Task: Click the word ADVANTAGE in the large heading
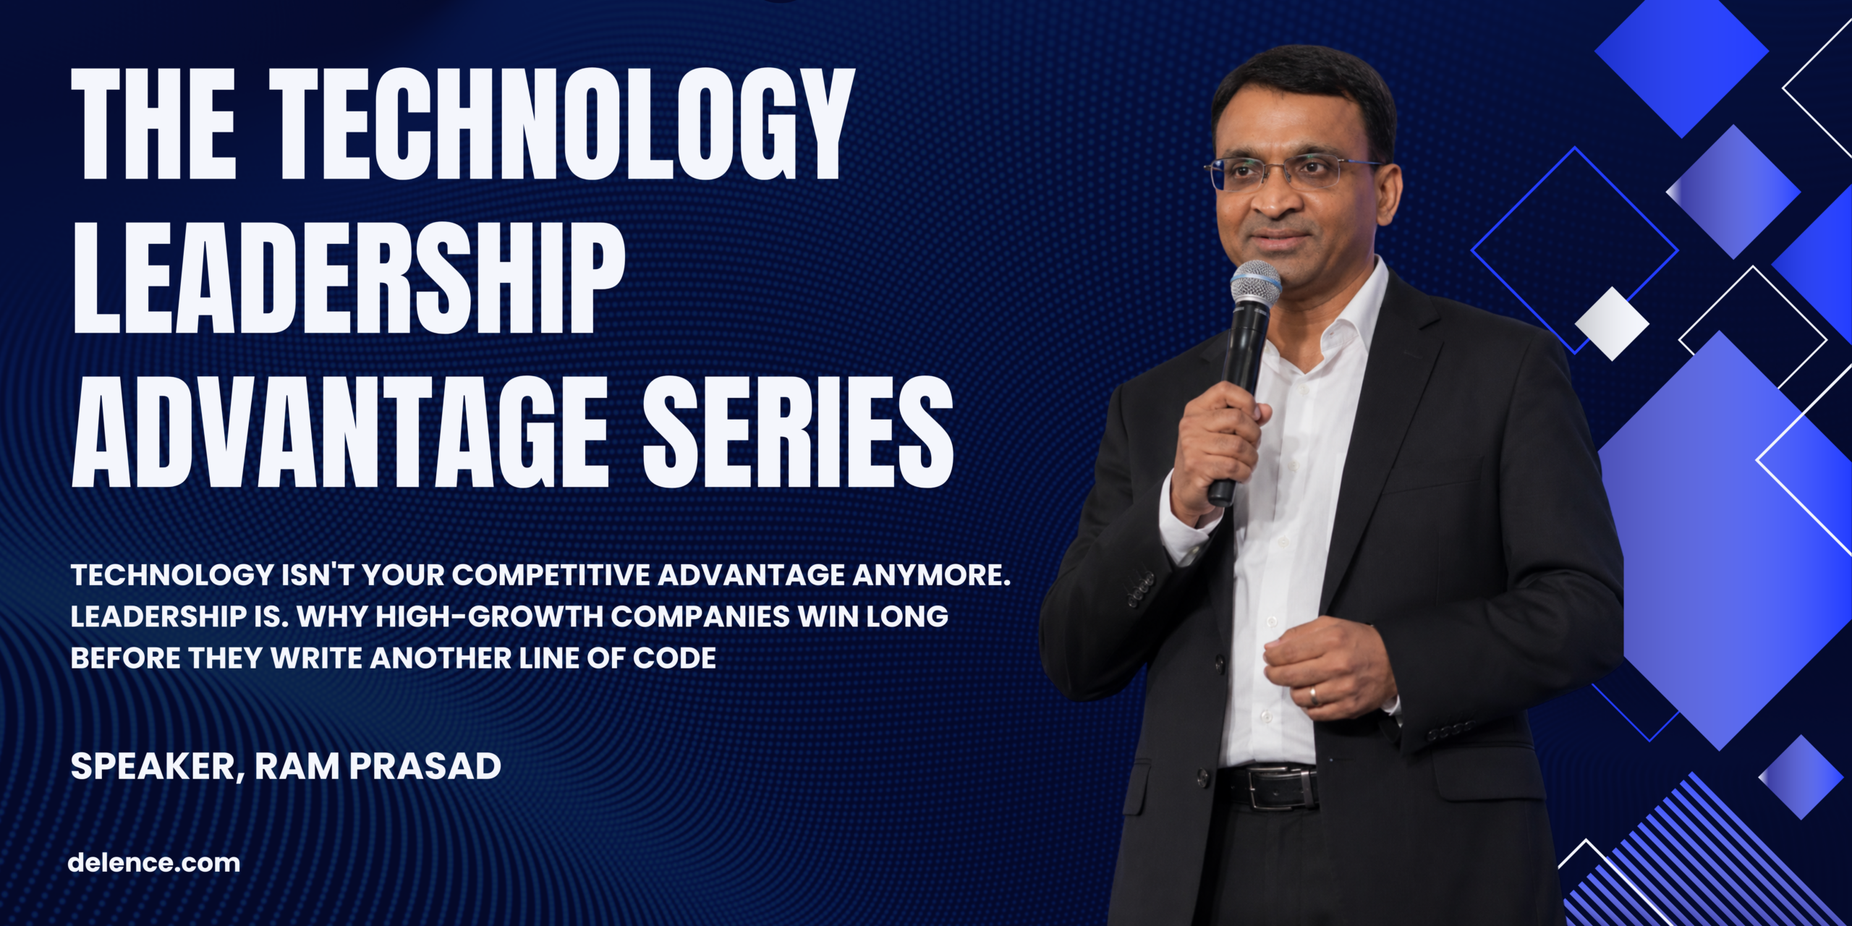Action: click(340, 431)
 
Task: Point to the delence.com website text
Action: click(153, 862)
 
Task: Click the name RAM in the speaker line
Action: click(297, 766)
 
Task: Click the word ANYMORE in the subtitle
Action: click(932, 575)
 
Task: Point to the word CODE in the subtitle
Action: click(674, 658)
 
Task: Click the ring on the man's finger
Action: click(1314, 696)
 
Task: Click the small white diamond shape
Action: click(1612, 323)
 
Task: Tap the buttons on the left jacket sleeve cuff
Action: click(1142, 587)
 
